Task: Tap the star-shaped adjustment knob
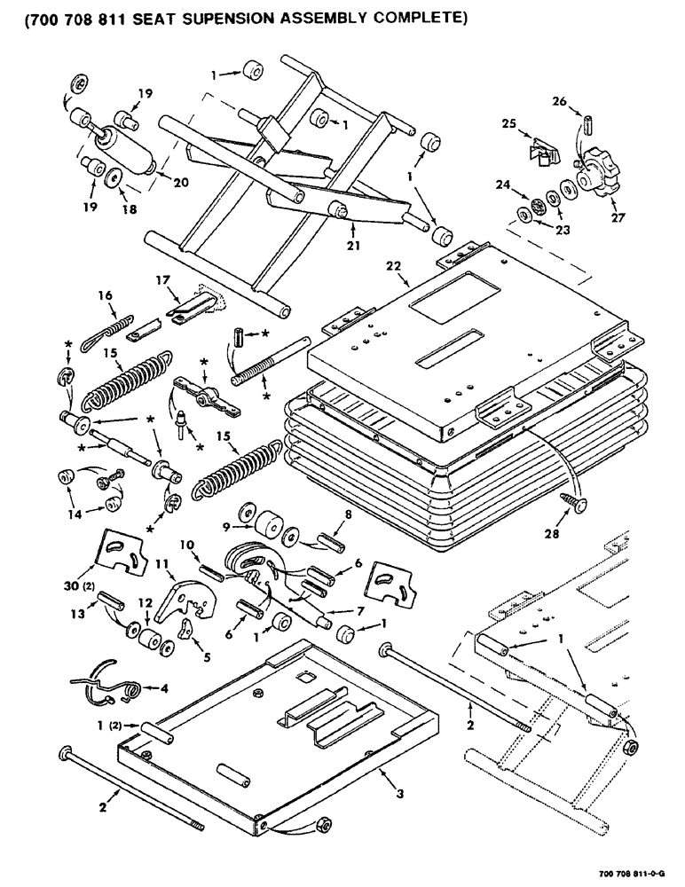590,177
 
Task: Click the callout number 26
584,100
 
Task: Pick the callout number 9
225,526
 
